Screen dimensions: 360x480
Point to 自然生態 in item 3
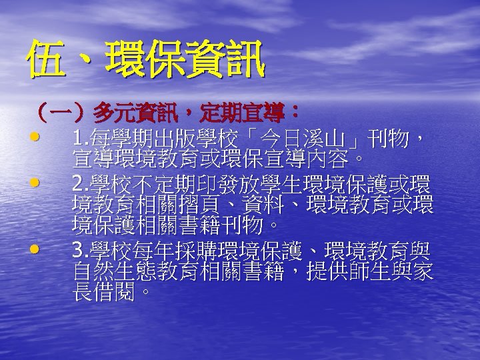click(x=107, y=272)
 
